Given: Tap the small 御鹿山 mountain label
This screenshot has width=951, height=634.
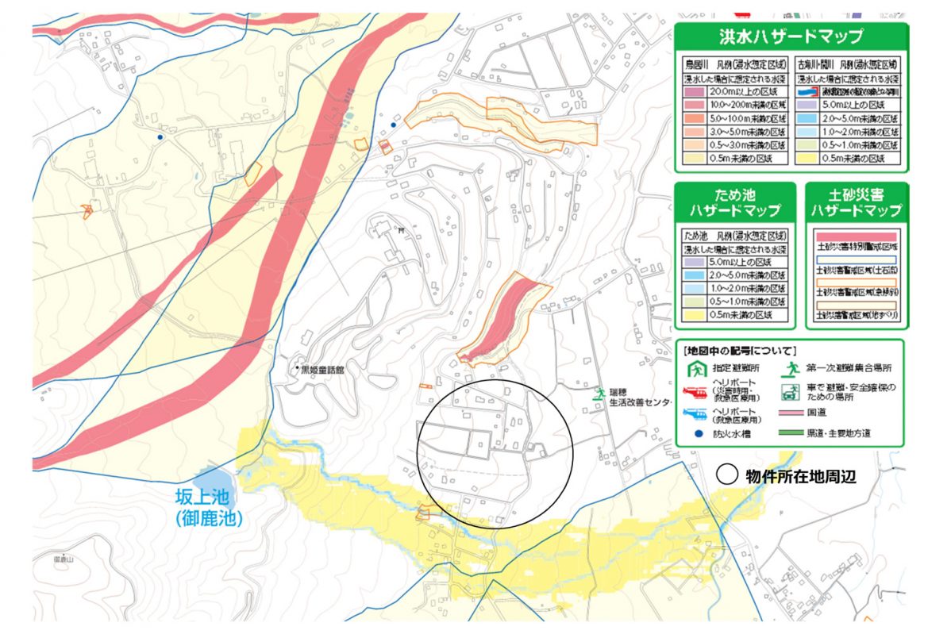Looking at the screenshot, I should (x=64, y=559).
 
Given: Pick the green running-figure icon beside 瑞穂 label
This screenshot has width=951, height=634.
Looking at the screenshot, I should (x=601, y=393).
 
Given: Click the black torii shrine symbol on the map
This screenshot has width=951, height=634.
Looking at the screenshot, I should (x=402, y=230).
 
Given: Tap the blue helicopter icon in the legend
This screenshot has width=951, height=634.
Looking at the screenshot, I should (x=695, y=413).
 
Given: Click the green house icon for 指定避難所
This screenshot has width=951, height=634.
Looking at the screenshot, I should (x=695, y=368).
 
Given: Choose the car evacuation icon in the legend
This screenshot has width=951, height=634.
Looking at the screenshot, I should (x=790, y=391).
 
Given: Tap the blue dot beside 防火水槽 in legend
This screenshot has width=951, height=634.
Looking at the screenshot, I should (x=695, y=433).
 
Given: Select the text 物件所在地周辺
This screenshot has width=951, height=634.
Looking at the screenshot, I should (x=799, y=475).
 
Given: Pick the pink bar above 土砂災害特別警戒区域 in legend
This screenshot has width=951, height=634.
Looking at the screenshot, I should (x=855, y=236).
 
